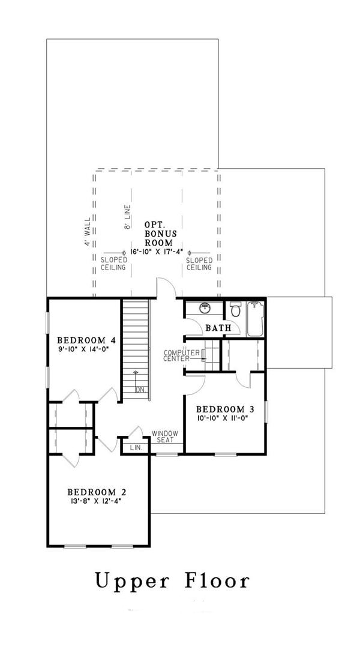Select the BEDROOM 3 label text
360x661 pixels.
tap(226, 409)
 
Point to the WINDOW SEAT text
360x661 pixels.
tap(163, 436)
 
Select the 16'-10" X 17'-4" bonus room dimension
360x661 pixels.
tap(156, 252)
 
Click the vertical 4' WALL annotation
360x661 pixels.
tap(88, 232)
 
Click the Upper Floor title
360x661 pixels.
tap(172, 581)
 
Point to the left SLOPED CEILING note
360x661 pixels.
tap(113, 264)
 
